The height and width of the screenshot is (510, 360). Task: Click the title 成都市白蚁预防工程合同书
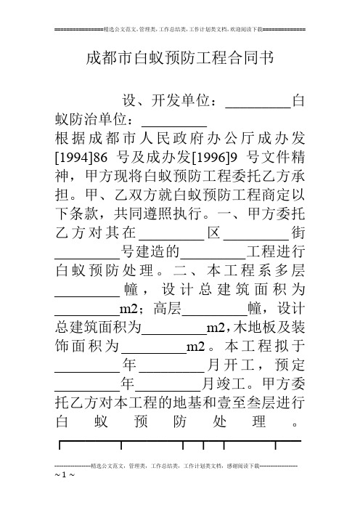point(180,58)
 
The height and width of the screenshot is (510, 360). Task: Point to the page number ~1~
point(65,474)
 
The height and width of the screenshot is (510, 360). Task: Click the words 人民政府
point(160,139)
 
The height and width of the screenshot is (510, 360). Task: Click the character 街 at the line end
point(298,233)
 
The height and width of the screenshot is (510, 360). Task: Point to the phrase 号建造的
point(150,251)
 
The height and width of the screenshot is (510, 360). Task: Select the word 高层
point(168,308)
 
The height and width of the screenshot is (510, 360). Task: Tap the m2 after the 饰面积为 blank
point(196,346)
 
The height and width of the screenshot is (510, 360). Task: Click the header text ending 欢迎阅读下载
point(183,29)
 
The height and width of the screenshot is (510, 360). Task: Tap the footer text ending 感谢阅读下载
point(176,466)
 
